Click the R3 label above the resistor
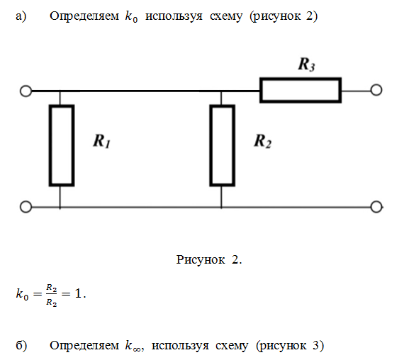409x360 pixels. [x=306, y=64]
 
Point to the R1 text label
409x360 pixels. [x=102, y=141]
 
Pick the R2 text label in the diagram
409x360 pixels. [x=263, y=141]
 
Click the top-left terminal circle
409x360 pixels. [x=26, y=91]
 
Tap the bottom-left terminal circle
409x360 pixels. [x=26, y=207]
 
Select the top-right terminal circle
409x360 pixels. [x=376, y=90]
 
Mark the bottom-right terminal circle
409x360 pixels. [x=376, y=207]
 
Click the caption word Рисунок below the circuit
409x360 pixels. [x=201, y=260]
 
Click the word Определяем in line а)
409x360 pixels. [x=84, y=16]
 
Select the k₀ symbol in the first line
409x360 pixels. [x=131, y=17]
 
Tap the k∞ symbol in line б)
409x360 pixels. [x=133, y=346]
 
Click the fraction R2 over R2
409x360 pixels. [x=51, y=295]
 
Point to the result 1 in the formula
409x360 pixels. [x=78, y=293]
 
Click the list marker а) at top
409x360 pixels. [x=21, y=16]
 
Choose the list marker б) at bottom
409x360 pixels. [x=21, y=345]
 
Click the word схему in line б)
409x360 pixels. [x=232, y=346]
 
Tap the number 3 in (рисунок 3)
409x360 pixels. [x=315, y=345]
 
